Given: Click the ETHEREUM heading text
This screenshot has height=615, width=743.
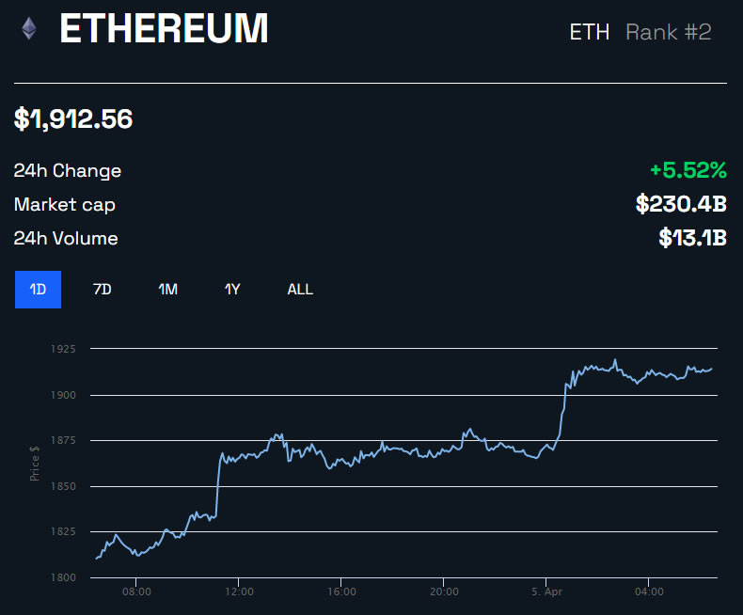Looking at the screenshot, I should pyautogui.click(x=164, y=30).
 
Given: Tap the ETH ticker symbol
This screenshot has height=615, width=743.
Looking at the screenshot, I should pyautogui.click(x=590, y=32).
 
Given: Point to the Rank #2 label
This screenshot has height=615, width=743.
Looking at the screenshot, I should pyautogui.click(x=669, y=32).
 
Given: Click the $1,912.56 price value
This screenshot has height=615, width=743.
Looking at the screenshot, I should pyautogui.click(x=73, y=119).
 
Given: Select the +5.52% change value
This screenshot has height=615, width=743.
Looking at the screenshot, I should pyautogui.click(x=688, y=170).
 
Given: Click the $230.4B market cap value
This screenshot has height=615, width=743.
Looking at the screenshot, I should pyautogui.click(x=681, y=204).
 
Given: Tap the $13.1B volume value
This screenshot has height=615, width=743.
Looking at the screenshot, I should pyautogui.click(x=693, y=238).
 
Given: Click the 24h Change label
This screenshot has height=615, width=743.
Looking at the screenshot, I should pyautogui.click(x=68, y=171).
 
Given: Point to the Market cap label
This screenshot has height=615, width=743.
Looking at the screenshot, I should pyautogui.click(x=65, y=205).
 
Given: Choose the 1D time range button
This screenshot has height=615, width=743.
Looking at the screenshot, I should pyautogui.click(x=38, y=290).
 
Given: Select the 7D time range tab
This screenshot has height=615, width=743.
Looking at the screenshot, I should pyautogui.click(x=103, y=290).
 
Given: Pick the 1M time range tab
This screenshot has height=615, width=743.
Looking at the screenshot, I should pyautogui.click(x=168, y=290).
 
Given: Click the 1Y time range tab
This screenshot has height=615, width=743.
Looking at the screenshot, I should pyautogui.click(x=232, y=290).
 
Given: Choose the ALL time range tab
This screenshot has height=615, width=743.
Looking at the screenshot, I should pyautogui.click(x=300, y=290).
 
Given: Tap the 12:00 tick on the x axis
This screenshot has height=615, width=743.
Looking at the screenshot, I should pyautogui.click(x=239, y=592).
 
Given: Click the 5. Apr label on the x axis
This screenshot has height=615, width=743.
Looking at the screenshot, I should pyautogui.click(x=546, y=592).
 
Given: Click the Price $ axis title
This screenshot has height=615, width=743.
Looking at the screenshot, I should pyautogui.click(x=35, y=463).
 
